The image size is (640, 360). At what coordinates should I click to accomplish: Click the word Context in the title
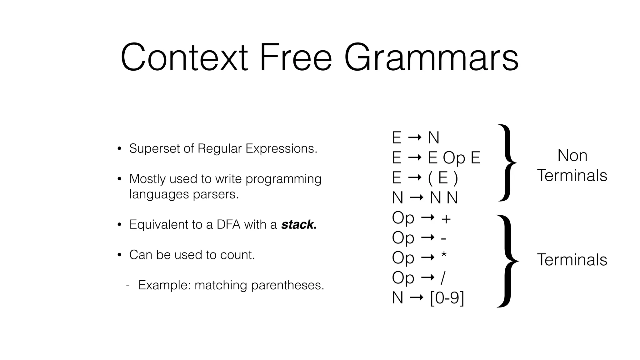(184, 58)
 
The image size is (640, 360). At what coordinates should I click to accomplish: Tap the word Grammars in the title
(431, 58)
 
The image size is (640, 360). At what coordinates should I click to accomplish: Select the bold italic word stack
(299, 224)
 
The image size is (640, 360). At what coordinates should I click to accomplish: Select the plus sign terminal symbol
(446, 219)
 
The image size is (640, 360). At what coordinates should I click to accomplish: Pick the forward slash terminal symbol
(442, 277)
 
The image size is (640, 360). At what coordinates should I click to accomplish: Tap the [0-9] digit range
(447, 297)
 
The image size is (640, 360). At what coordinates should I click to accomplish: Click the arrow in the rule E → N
(415, 137)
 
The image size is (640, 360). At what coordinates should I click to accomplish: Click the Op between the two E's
(454, 157)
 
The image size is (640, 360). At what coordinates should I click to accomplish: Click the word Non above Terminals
(572, 155)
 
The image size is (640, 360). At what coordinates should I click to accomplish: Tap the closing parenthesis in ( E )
(456, 178)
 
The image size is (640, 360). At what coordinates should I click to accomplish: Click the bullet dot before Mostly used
(119, 179)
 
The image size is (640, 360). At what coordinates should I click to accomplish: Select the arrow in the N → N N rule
(416, 197)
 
